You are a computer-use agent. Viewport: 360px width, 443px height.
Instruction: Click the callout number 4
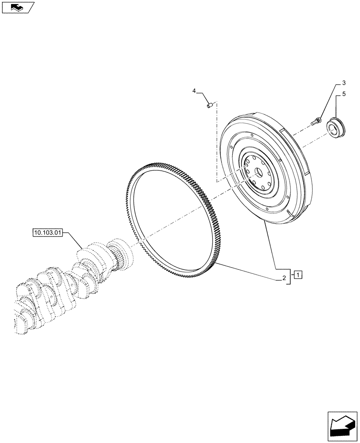point(194,91)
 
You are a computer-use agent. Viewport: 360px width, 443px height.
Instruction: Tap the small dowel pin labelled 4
point(209,105)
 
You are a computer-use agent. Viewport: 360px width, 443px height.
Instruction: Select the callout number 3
point(343,83)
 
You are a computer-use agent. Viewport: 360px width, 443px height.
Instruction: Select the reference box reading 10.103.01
point(48,232)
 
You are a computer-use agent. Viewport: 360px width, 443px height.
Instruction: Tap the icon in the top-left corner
point(17,7)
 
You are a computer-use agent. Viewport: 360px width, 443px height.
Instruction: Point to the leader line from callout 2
point(248,270)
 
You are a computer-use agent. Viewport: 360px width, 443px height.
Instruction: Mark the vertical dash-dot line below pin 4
point(217,146)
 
